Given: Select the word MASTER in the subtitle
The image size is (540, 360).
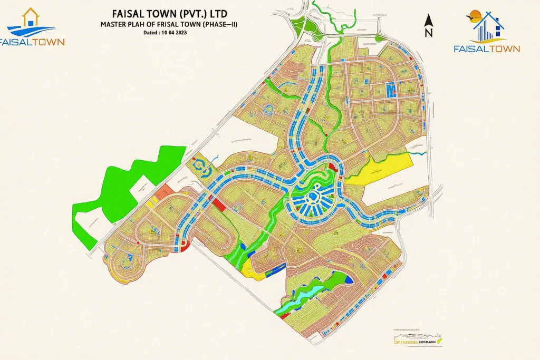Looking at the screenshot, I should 114,24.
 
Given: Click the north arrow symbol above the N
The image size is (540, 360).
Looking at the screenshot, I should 428,21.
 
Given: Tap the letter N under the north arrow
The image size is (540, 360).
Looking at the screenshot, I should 428,33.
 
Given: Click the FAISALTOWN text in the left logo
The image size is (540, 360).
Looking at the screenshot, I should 32,42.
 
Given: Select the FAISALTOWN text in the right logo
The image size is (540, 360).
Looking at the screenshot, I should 486,48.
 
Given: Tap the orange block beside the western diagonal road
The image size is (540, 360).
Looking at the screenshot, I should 165,191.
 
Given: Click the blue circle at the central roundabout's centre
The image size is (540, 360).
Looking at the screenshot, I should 312,197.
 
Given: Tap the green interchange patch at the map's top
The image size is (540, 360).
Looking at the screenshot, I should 297,24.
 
